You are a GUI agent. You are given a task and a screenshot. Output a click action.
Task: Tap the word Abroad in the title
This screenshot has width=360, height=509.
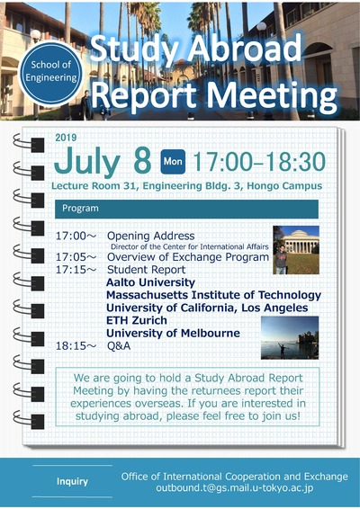pyautogui.click(x=246, y=49)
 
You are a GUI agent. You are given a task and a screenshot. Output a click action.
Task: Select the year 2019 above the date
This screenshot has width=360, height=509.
pyautogui.click(x=66, y=138)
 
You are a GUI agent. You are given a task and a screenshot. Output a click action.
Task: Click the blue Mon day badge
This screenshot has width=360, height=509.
pyautogui.click(x=173, y=161)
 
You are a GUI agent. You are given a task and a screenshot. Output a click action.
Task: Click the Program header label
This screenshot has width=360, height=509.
pyautogui.click(x=80, y=208)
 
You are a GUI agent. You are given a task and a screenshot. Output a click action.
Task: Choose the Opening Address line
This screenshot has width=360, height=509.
pyautogui.click(x=151, y=236)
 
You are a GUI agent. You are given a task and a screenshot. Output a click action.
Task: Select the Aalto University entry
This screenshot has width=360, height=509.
pyautogui.click(x=150, y=282)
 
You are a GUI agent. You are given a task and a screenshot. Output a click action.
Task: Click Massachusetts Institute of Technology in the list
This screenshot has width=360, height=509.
pyautogui.click(x=213, y=295)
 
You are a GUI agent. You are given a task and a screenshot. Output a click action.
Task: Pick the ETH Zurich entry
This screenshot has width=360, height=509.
pyautogui.click(x=137, y=320)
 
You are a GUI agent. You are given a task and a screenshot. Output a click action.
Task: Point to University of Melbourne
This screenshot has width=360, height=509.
pyautogui.click(x=173, y=333)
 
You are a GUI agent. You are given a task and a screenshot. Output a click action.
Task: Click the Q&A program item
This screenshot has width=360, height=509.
pyautogui.click(x=119, y=345)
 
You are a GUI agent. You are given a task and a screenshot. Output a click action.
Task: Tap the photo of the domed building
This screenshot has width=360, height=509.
pyautogui.click(x=296, y=250)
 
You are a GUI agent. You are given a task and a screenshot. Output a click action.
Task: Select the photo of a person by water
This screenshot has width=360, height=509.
pyautogui.click(x=290, y=337)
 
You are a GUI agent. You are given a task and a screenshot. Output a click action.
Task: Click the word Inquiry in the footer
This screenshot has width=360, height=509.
pyautogui.click(x=72, y=481)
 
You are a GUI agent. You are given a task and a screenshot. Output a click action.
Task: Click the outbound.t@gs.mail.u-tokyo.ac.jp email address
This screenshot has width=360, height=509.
pyautogui.click(x=235, y=488)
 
